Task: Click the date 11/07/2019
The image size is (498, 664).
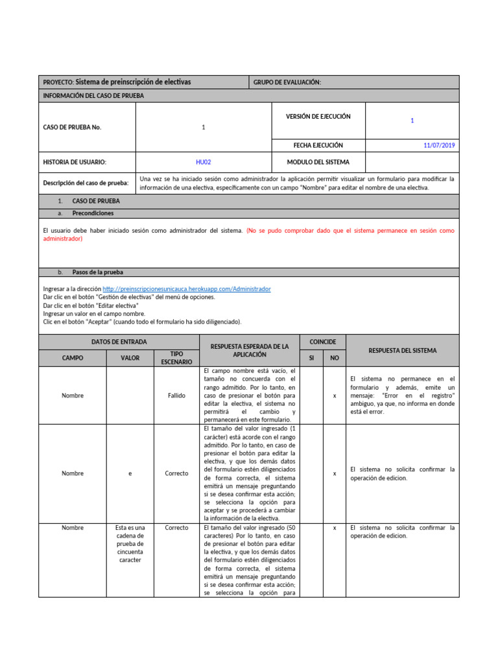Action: pos(439,145)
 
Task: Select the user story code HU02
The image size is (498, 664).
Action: pos(203,162)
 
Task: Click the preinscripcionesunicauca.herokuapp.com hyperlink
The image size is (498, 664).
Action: pos(186,289)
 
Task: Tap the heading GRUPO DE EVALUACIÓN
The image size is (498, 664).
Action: pos(287,82)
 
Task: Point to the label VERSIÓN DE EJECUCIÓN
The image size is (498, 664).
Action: pos(318,117)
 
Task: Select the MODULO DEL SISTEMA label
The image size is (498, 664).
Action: pos(318,162)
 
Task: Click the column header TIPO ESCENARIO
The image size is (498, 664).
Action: pos(176,358)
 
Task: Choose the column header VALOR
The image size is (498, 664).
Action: pos(130,358)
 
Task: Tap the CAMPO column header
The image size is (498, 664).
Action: pos(72,358)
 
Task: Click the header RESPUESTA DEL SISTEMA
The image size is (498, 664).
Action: pos(402,350)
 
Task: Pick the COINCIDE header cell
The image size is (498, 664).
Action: pos(323,341)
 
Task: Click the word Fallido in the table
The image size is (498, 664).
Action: pos(176,395)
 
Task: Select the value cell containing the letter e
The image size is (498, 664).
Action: pos(130,473)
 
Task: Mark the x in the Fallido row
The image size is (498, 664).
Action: pos(335,395)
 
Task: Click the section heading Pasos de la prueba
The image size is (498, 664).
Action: pos(97,272)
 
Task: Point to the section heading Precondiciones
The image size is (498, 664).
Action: pos(93,213)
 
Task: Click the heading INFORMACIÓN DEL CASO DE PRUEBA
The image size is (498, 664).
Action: pos(93,95)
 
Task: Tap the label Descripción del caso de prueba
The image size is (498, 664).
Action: pos(86,183)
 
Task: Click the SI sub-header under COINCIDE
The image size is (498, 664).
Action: pos(312,358)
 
